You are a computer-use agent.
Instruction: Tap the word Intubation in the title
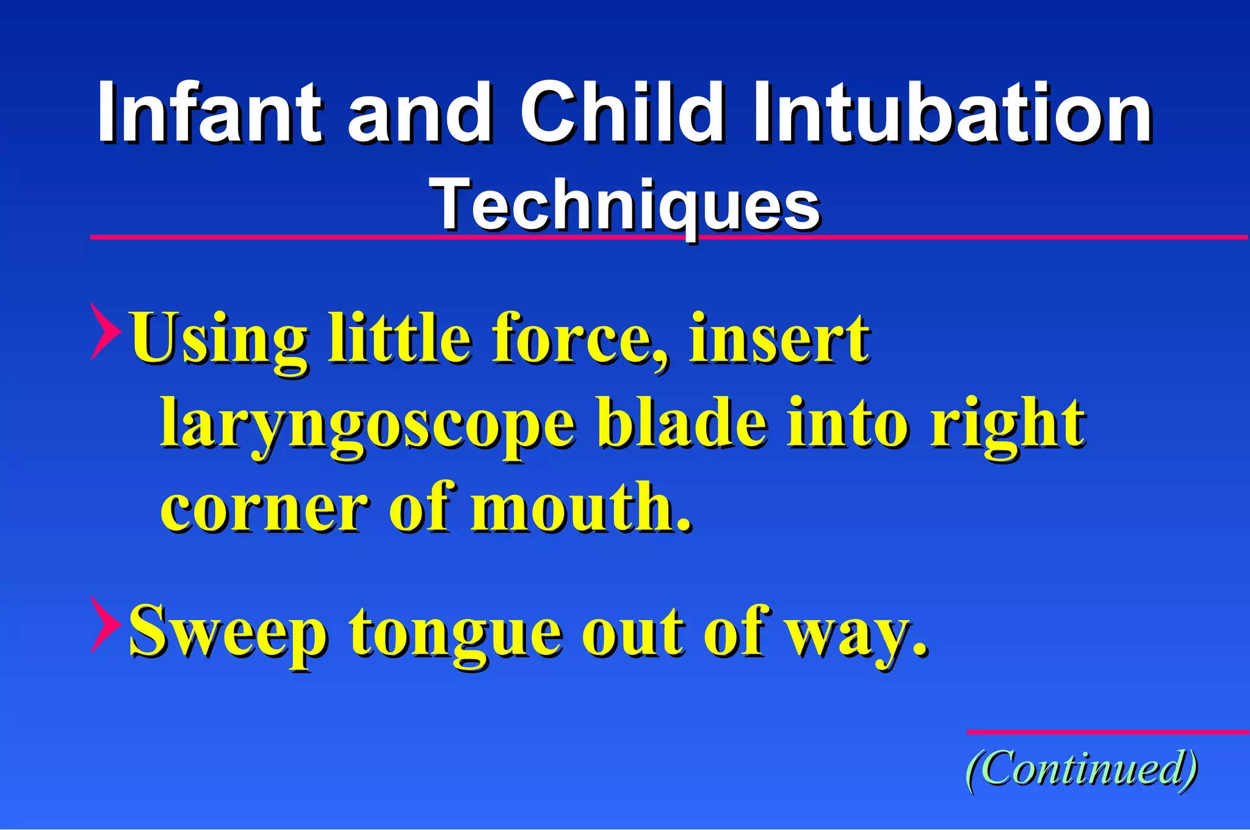click(x=952, y=112)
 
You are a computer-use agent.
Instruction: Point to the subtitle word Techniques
click(x=625, y=205)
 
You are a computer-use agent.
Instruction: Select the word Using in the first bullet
click(x=220, y=339)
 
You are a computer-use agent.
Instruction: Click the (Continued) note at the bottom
click(x=1081, y=769)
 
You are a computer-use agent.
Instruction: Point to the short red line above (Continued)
click(x=1108, y=732)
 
